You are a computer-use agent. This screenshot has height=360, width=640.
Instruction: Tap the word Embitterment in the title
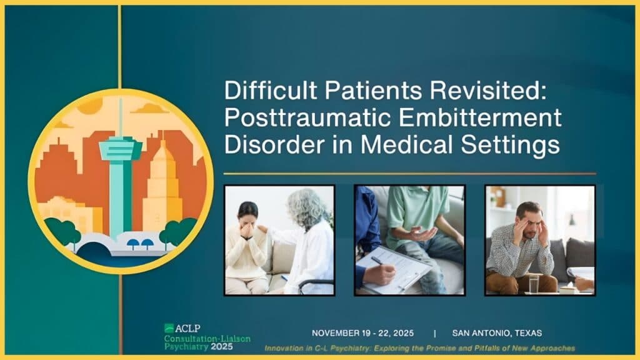[x=481, y=117]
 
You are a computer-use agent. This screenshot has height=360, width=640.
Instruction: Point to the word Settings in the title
[x=510, y=146]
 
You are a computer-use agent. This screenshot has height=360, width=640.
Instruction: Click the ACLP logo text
[x=187, y=328]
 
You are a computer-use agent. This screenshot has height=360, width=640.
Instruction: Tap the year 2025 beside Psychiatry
[x=222, y=347]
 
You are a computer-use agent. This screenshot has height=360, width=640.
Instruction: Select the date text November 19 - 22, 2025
[x=362, y=333]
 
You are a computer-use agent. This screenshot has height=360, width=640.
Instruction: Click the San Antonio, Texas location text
[x=497, y=333]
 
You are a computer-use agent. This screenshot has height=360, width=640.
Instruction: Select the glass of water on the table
[x=534, y=284]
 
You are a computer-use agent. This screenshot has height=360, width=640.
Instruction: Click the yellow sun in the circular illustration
[x=90, y=106]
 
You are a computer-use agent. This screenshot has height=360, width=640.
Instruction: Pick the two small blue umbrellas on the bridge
[x=141, y=244]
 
